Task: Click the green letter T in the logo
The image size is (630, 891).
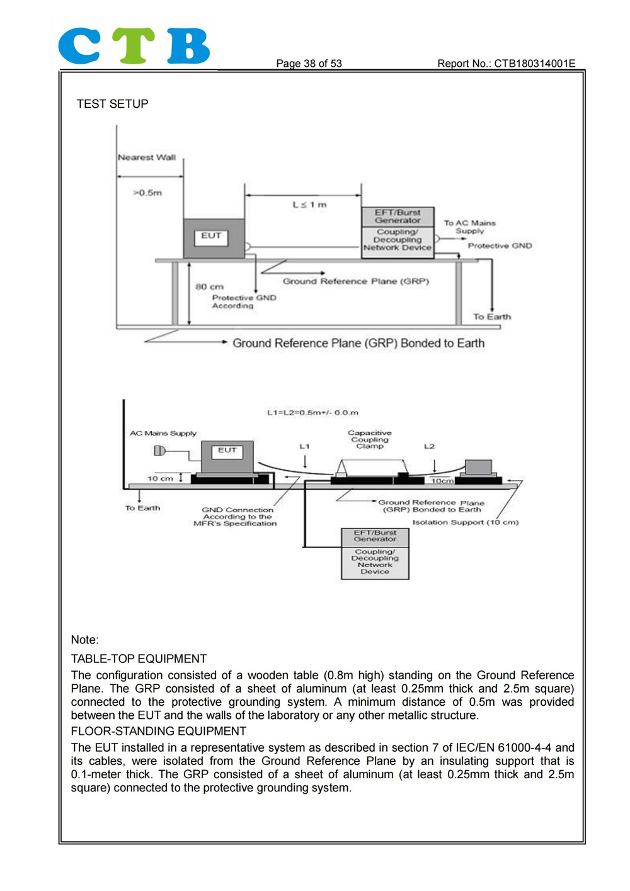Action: pyautogui.click(x=133, y=45)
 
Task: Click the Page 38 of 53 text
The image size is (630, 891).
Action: pyautogui.click(x=309, y=63)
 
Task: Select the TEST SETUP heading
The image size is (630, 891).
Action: pyautogui.click(x=112, y=104)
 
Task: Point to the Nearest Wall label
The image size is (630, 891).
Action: pyautogui.click(x=147, y=158)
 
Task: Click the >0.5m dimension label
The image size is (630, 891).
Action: pyautogui.click(x=147, y=193)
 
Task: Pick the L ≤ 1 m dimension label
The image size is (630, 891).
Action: pyautogui.click(x=309, y=205)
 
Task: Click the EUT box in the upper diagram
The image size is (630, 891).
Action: pyautogui.click(x=214, y=238)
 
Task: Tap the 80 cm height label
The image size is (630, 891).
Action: pyautogui.click(x=209, y=287)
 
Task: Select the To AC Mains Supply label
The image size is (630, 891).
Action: pyautogui.click(x=470, y=227)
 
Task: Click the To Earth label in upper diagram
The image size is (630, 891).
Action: pyautogui.click(x=492, y=316)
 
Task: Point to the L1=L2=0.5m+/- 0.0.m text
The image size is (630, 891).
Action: pyautogui.click(x=312, y=413)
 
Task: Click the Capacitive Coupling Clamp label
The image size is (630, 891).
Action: pyautogui.click(x=370, y=440)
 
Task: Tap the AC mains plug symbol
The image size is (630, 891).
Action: pyautogui.click(x=159, y=451)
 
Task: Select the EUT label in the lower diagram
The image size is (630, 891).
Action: pyautogui.click(x=227, y=450)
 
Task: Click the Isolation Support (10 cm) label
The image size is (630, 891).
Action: pyautogui.click(x=466, y=522)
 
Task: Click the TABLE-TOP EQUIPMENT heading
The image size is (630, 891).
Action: pyautogui.click(x=139, y=658)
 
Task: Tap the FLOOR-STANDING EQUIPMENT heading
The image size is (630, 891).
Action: pyautogui.click(x=159, y=731)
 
